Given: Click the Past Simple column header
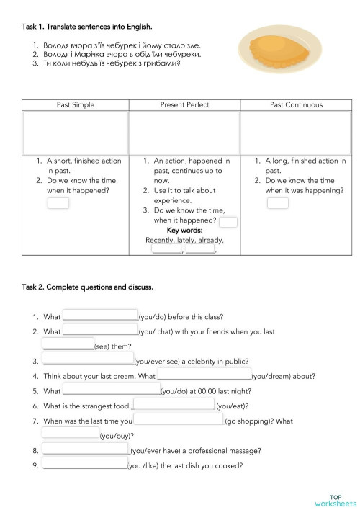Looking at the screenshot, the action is (x=76, y=105).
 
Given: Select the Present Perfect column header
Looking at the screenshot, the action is (x=184, y=105).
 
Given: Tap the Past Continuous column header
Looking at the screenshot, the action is (x=296, y=105).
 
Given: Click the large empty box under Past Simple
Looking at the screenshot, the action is (x=76, y=133).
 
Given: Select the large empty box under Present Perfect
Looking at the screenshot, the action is (x=184, y=133).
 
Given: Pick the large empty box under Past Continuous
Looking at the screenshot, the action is (x=296, y=133).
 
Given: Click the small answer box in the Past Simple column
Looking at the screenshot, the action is (x=58, y=203).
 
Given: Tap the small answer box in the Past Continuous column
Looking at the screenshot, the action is (x=277, y=203).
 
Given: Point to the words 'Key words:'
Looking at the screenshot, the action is (x=184, y=231).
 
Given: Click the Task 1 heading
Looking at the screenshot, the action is (x=87, y=27).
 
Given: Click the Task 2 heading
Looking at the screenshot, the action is (x=87, y=287).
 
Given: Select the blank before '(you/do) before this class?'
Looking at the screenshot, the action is (x=100, y=316).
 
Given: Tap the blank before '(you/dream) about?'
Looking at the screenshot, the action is (x=204, y=375).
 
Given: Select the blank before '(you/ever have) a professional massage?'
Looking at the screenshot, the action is (x=86, y=449).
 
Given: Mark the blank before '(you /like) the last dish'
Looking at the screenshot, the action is (x=85, y=465).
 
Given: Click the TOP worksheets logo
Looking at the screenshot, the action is (x=336, y=500).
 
